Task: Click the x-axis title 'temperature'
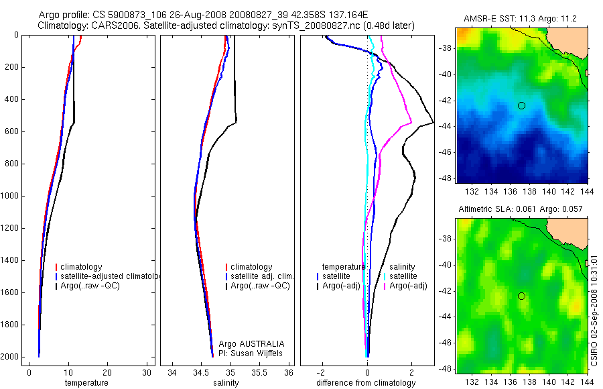(86, 383)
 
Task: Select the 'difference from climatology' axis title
(366, 383)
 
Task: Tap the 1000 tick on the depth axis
(9, 196)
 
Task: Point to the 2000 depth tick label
(9, 357)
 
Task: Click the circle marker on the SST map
(521, 105)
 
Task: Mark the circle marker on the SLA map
(521, 296)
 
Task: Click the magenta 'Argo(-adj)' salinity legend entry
(408, 286)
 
